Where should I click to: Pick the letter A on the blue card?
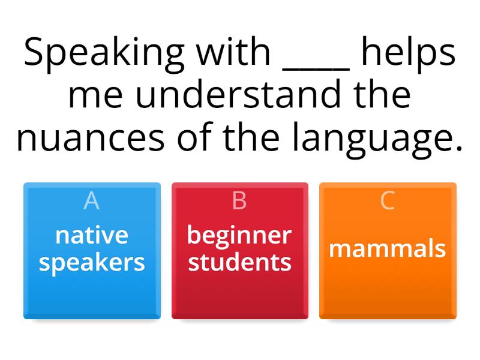(91, 201)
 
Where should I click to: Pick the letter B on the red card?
(239, 201)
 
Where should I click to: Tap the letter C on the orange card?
(388, 201)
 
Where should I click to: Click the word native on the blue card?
(92, 235)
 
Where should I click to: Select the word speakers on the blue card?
(92, 263)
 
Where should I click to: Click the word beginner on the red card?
(239, 236)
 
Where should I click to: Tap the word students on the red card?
(239, 262)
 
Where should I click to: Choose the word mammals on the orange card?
(388, 248)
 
